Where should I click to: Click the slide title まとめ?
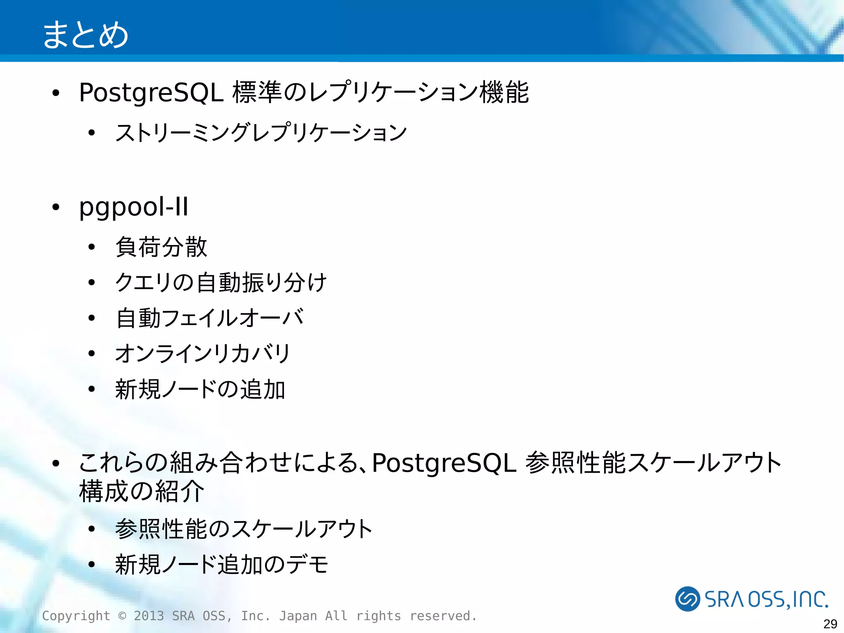point(85,35)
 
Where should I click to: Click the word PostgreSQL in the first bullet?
point(151,92)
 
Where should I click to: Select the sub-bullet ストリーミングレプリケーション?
point(261,133)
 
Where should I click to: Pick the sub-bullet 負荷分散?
point(161,247)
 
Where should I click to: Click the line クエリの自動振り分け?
point(221,282)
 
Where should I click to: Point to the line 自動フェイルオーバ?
point(209,318)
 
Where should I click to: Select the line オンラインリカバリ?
point(203,353)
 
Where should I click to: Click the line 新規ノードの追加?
point(200,389)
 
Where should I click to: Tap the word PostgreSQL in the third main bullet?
point(444,463)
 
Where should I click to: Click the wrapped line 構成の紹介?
point(141,491)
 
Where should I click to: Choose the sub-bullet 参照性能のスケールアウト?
point(244,529)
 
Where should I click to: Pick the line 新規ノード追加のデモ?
point(221,564)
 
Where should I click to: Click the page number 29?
point(830,624)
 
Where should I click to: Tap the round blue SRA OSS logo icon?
point(687,599)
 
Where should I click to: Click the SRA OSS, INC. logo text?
point(767,599)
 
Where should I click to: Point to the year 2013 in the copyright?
point(149,616)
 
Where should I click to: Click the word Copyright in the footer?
point(76,616)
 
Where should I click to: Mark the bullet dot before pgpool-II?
point(56,207)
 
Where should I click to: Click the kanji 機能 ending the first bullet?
point(504,92)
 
